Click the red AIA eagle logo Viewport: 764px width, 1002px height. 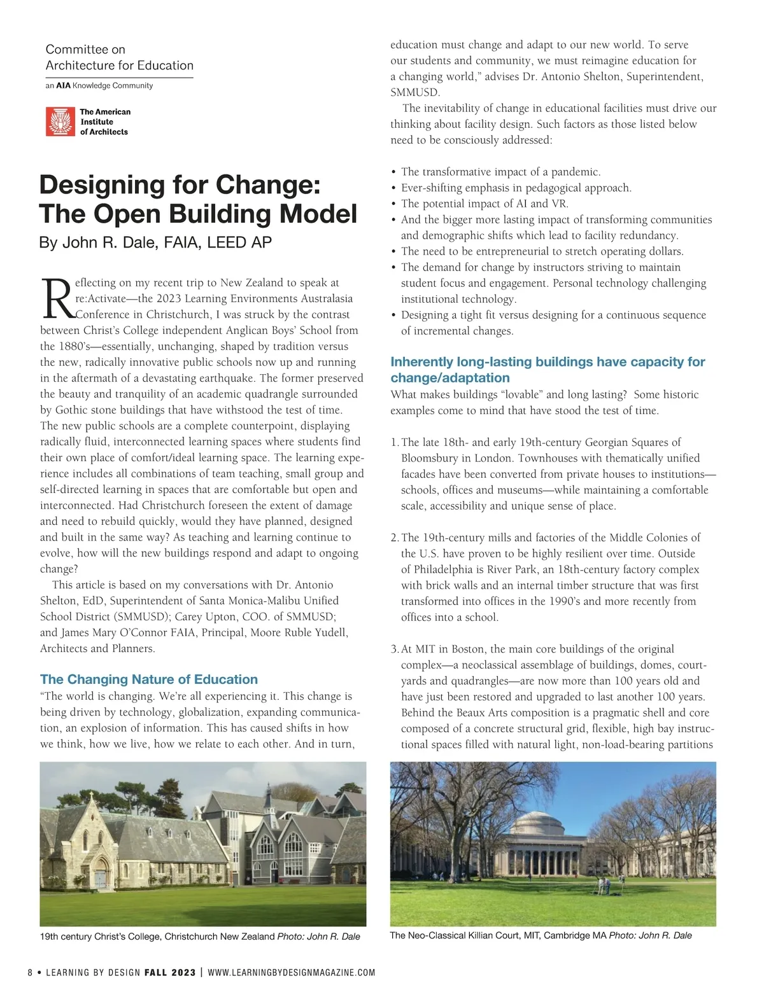[60, 122]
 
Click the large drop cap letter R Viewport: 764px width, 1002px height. [57, 299]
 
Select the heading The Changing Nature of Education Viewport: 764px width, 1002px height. [149, 679]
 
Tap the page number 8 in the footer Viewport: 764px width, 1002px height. [30, 973]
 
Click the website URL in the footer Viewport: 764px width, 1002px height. [292, 973]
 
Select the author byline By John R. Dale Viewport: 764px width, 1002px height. [155, 242]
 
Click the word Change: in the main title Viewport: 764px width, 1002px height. [268, 184]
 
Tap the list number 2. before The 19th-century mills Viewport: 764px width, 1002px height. [395, 538]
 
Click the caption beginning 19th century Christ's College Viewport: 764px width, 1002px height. [200, 936]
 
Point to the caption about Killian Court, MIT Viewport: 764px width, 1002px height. [541, 935]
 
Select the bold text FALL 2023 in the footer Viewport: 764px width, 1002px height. [170, 973]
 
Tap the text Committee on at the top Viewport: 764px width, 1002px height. [85, 50]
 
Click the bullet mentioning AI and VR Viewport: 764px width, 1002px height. [484, 204]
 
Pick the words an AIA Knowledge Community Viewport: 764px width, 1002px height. [99, 85]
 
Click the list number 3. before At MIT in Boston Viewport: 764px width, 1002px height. [395, 650]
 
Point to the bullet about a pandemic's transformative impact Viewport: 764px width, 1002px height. [500, 172]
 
